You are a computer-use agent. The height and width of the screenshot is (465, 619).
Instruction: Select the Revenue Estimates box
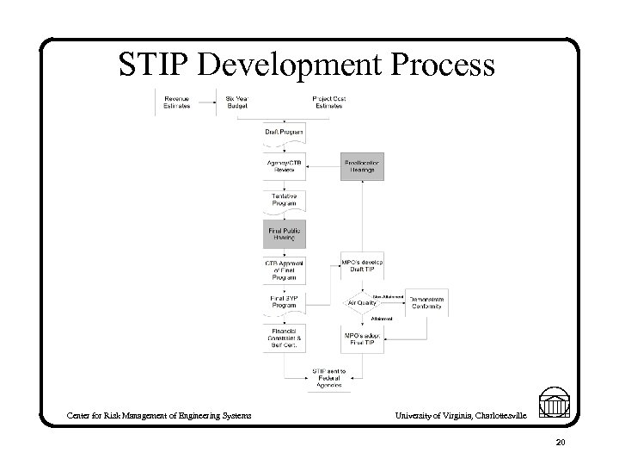tap(178, 102)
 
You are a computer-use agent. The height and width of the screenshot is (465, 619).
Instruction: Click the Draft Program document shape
tap(284, 134)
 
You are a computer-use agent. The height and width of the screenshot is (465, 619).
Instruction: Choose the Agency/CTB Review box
tap(284, 166)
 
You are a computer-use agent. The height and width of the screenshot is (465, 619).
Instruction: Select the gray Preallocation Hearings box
tap(363, 166)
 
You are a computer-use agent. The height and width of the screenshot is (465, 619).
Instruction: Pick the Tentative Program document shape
tap(284, 201)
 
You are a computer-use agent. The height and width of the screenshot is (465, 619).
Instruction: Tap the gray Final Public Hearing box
tap(284, 233)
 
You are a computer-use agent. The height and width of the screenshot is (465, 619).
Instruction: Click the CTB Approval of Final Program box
tap(284, 270)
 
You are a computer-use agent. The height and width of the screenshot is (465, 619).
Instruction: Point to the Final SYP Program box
tap(284, 303)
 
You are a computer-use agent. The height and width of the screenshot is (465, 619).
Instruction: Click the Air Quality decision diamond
tap(361, 302)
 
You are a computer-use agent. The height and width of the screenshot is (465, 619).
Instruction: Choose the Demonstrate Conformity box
tap(427, 302)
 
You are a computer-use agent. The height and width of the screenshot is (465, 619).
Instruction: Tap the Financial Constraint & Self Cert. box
tap(284, 338)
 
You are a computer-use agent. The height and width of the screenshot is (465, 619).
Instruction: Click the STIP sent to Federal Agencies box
tap(327, 377)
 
